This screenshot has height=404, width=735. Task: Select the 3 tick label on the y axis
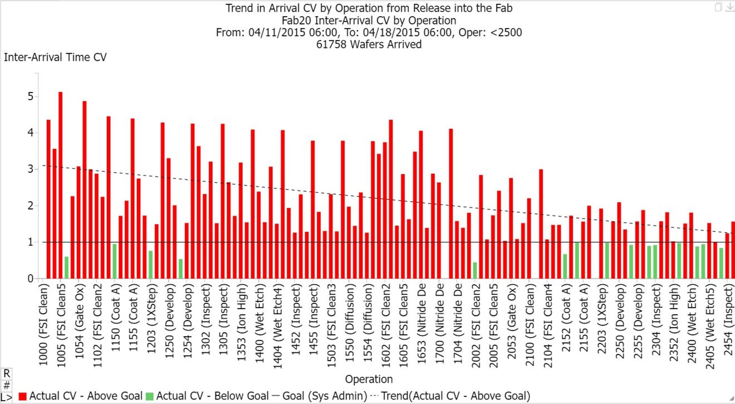31,169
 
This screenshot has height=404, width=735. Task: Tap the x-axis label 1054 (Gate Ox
79,324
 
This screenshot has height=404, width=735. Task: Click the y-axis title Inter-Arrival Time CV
55,57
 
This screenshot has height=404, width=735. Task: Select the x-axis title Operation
369,379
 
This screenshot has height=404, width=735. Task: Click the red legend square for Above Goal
23,396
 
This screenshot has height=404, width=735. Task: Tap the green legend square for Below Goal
150,396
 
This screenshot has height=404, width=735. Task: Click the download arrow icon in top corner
729,7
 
